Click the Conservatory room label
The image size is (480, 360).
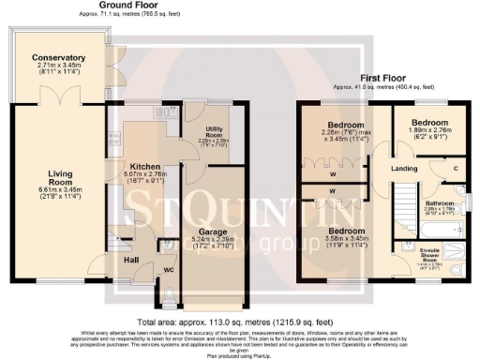(58, 58)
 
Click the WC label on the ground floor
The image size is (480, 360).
(169, 271)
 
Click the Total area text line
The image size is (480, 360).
(240, 317)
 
